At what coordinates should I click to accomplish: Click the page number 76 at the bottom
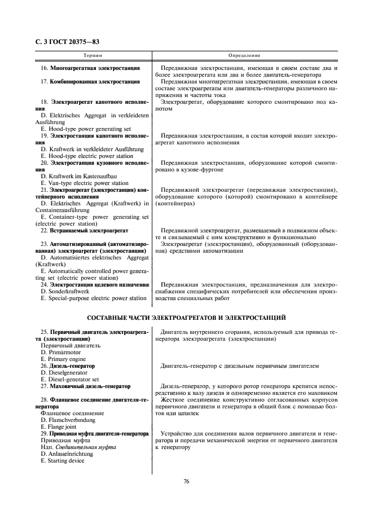click(x=186, y=481)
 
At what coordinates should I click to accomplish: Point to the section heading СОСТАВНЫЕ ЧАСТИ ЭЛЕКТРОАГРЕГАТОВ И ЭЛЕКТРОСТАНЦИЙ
click(x=186, y=317)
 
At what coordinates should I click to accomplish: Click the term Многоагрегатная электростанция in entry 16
click(x=95, y=68)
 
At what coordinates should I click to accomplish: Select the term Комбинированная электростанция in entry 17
click(x=95, y=82)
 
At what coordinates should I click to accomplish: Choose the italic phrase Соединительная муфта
click(x=86, y=447)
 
